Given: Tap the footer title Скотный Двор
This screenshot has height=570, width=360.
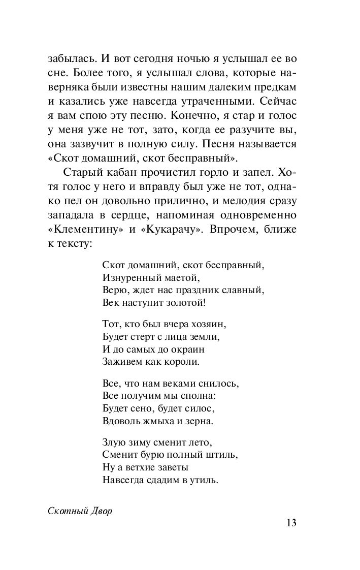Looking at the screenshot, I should [80, 511].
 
